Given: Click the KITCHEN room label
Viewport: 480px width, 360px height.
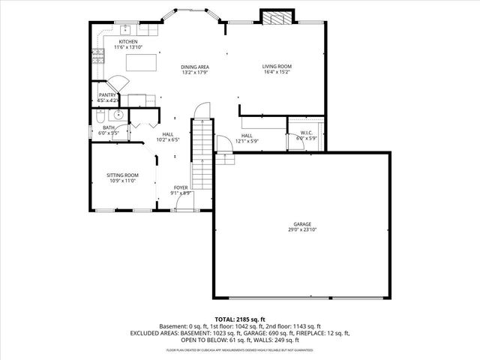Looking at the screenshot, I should coord(127,41).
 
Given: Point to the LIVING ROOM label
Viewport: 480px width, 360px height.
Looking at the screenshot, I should coord(277,67).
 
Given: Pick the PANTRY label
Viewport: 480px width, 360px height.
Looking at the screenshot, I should coord(107,94).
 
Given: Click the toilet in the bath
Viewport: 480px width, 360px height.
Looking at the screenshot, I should coord(100,116).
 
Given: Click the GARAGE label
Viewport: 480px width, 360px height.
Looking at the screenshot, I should coord(302,224).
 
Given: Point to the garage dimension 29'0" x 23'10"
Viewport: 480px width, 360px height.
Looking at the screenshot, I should coord(302,230).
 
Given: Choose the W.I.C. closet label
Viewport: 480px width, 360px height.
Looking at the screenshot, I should coord(307,133).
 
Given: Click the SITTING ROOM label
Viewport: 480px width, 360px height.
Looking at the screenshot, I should coord(122,175).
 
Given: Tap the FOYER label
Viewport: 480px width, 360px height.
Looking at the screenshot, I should coord(181,187).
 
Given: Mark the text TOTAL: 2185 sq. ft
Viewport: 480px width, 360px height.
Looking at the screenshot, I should coord(239,319).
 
